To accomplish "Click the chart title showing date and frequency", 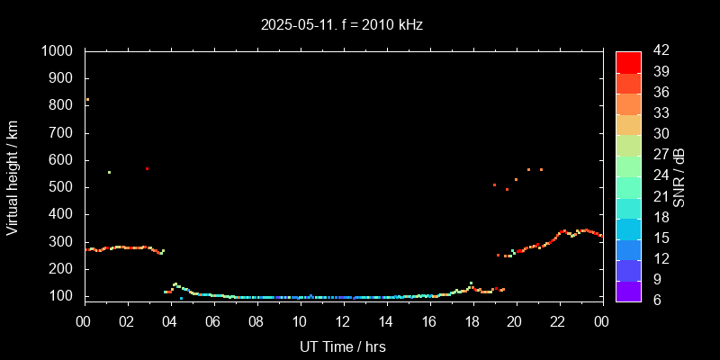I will pos(342,25).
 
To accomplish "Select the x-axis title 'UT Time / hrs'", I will pos(343,346).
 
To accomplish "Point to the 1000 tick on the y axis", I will pos(62,51).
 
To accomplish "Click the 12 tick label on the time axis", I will pos(343,321).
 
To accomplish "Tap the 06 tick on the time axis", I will pos(213,321).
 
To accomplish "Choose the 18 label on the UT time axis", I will pos(472,321).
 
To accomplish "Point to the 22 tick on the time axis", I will pos(558,321).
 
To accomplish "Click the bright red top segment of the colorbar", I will pos(628,61).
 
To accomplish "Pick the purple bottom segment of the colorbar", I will pos(628,290).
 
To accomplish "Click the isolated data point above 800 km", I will pos(87,100).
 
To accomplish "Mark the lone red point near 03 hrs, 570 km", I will pos(147,169).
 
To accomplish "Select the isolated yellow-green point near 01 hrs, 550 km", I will pos(109,173).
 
